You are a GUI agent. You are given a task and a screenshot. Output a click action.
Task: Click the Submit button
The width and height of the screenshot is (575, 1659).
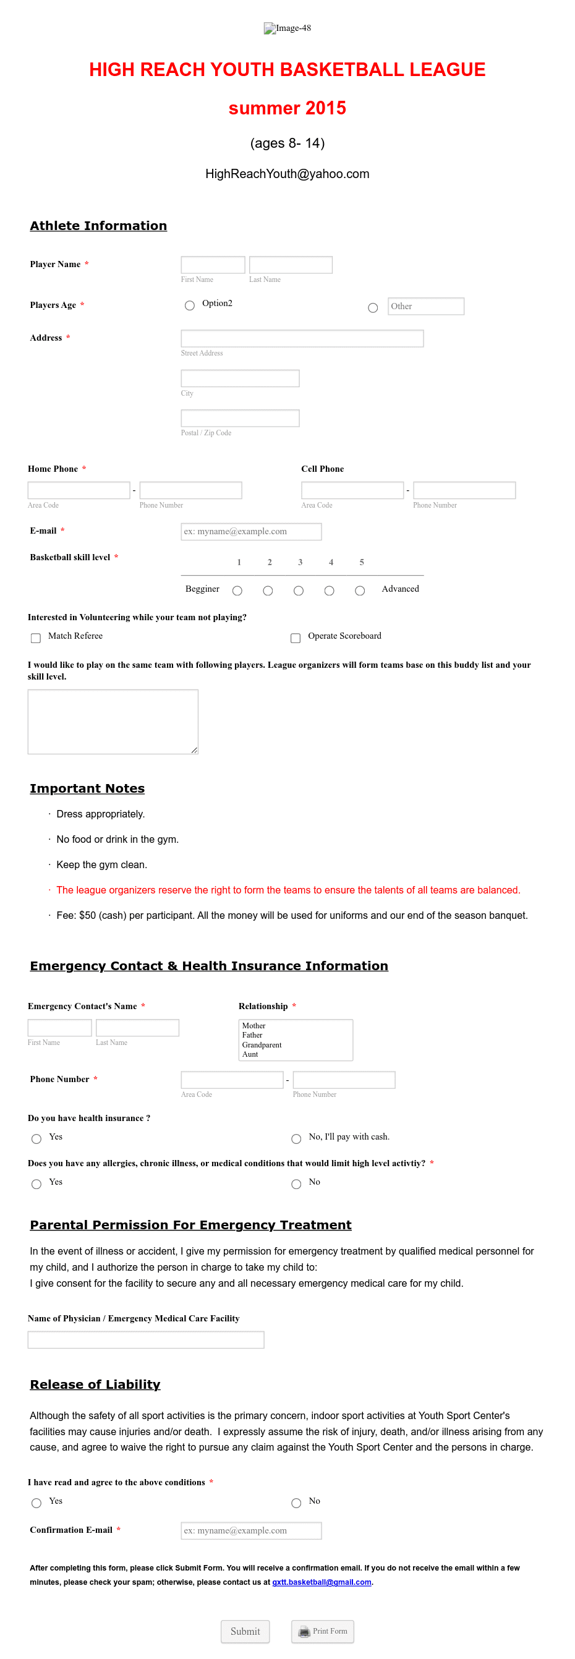tap(245, 1631)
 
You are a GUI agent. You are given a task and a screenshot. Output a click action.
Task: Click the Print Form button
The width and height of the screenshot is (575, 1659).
tap(322, 1631)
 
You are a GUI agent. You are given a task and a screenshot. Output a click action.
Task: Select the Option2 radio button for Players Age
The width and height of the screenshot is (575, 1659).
tap(189, 305)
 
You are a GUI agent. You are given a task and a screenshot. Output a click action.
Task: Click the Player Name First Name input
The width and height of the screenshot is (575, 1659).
tap(213, 265)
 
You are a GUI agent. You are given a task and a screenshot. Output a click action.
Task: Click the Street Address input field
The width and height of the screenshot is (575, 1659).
tap(301, 338)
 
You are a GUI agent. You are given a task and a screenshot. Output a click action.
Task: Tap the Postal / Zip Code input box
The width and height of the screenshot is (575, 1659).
tap(239, 418)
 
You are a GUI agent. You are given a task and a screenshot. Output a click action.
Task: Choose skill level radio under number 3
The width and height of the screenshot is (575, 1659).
tap(298, 591)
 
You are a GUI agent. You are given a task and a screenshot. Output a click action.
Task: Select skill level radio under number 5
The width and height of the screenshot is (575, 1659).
tap(360, 591)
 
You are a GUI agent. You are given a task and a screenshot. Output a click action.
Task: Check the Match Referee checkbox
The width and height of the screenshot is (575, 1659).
tap(36, 638)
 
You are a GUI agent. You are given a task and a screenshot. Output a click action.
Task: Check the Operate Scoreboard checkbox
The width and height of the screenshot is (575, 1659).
tap(296, 638)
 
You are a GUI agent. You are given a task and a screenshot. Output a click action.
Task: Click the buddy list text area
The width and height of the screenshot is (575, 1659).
tap(113, 722)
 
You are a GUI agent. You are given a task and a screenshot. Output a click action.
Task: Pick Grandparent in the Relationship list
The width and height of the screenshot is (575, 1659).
tap(262, 1044)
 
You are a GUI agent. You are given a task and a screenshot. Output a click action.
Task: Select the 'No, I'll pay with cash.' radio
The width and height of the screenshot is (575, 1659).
tap(296, 1138)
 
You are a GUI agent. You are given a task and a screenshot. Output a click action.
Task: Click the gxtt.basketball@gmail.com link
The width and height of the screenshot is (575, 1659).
tap(322, 1582)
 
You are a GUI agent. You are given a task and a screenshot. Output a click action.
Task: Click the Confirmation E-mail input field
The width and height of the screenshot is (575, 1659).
tap(251, 1530)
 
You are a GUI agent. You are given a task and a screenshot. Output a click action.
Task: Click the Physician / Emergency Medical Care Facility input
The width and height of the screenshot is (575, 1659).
tap(145, 1339)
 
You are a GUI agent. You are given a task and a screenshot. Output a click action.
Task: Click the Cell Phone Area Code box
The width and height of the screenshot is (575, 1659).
tap(352, 490)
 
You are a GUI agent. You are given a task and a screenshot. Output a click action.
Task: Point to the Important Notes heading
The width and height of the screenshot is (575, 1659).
tap(87, 788)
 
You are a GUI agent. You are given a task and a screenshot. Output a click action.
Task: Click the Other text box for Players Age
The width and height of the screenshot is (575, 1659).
tap(425, 306)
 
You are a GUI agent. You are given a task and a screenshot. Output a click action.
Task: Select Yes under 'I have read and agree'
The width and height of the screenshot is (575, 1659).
tap(36, 1503)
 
